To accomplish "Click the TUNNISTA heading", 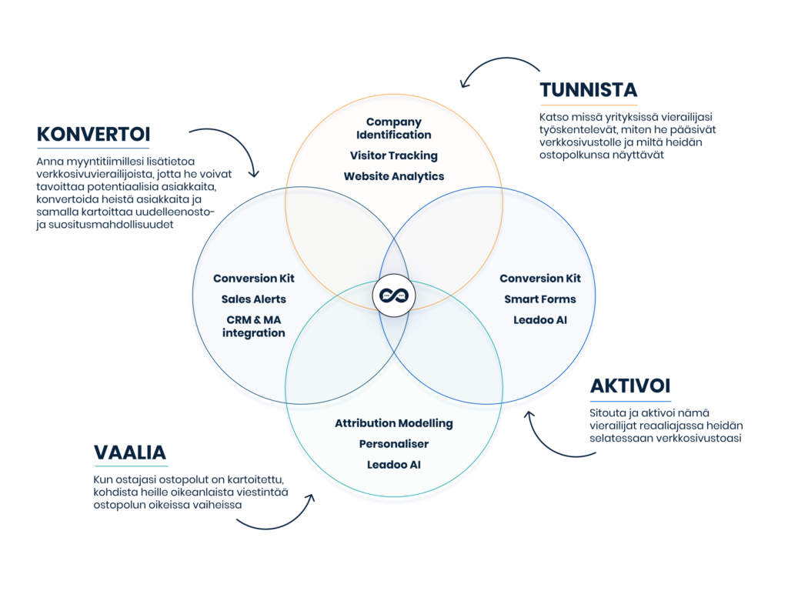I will point(589,90).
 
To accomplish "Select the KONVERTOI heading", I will point(93,135).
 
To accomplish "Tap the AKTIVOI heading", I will point(630,386).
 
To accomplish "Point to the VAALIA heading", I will point(130,452).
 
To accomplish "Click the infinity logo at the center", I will point(393,295).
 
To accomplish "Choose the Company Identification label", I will point(393,129).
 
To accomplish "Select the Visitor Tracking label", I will point(393,155).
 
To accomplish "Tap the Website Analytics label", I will point(393,176).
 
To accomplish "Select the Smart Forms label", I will point(539,299).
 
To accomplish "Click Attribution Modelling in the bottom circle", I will point(393,423).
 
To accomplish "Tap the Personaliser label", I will point(393,444).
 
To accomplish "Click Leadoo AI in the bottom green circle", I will point(393,465).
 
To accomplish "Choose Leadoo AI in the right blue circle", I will point(539,319).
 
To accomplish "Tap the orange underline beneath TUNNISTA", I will point(589,104).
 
